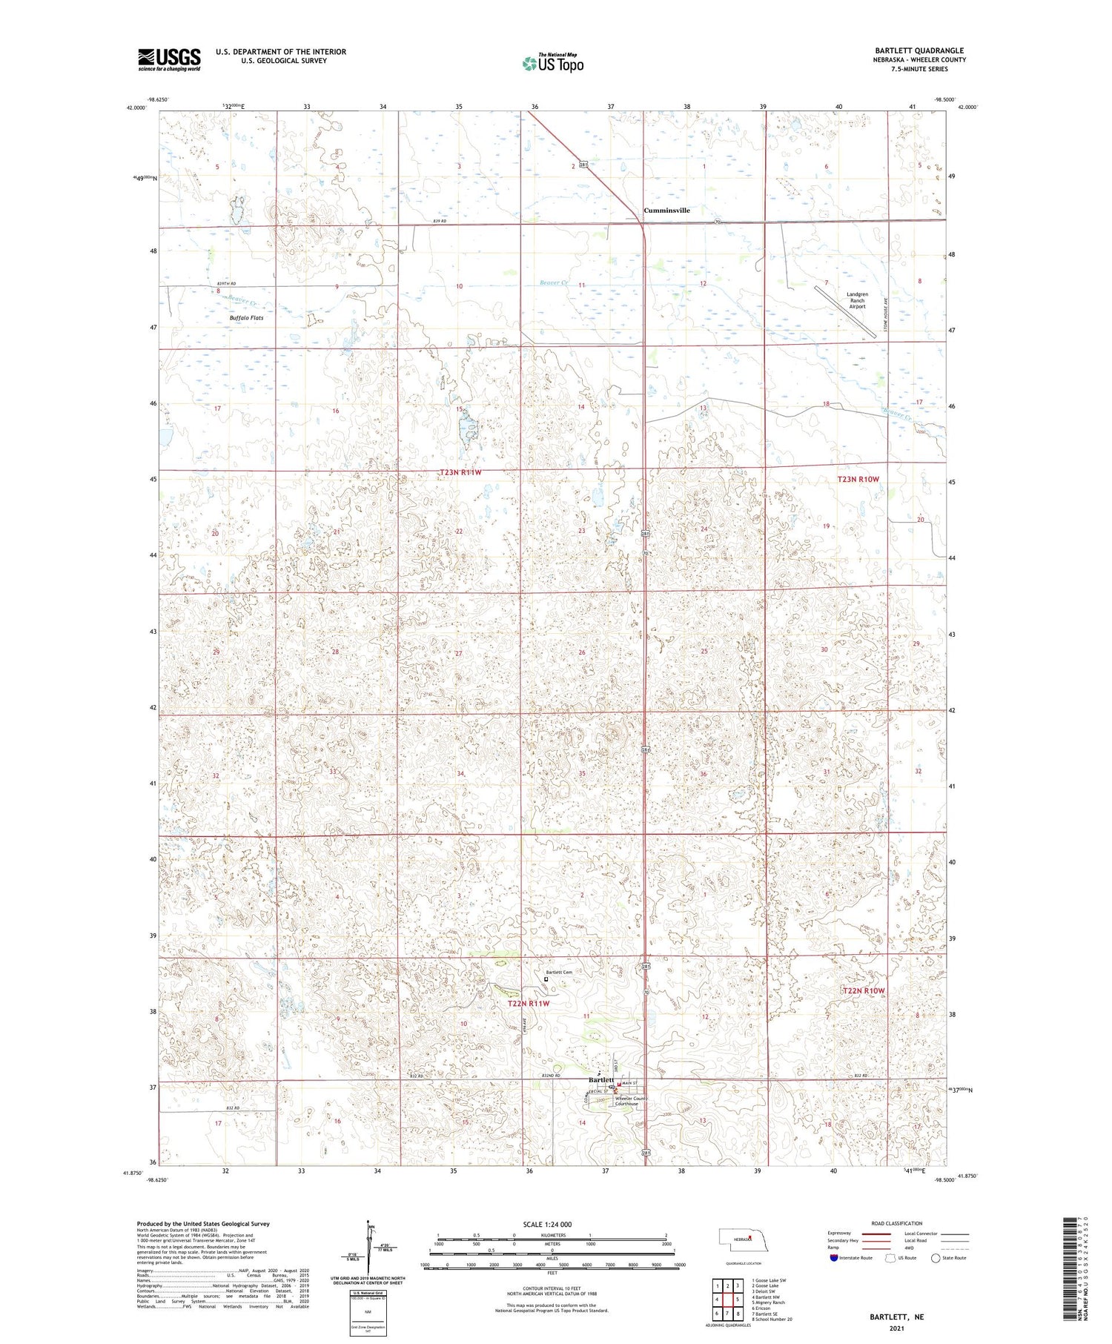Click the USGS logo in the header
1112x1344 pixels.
click(169, 59)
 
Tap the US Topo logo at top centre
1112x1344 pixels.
click(552, 64)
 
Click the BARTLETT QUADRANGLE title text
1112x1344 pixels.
click(919, 50)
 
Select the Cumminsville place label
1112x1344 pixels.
click(666, 211)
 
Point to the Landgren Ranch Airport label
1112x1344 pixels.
click(857, 300)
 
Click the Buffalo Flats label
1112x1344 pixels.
click(246, 318)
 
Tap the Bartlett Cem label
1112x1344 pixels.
click(560, 973)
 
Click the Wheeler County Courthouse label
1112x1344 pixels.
click(632, 1101)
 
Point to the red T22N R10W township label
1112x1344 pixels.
click(864, 991)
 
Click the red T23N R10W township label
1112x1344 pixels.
click(858, 480)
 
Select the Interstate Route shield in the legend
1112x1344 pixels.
click(835, 1258)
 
